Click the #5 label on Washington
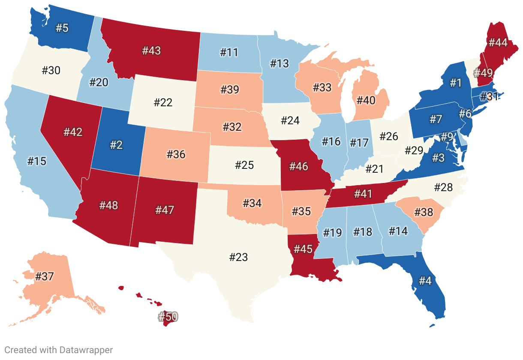point(62,28)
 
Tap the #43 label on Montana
point(151,51)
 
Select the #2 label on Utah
point(116,144)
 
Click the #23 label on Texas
point(238,257)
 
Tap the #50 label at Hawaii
point(167,317)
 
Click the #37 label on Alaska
point(45,276)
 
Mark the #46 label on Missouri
point(299,166)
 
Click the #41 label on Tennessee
point(363,194)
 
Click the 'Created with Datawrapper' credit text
point(59,350)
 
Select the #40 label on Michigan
point(366,100)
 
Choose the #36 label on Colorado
point(176,154)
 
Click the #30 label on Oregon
point(51,70)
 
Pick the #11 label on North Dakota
point(229,53)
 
